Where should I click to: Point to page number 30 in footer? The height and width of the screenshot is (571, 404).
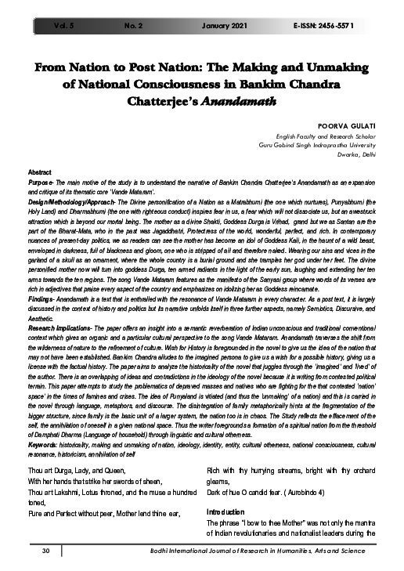(x=46, y=552)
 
